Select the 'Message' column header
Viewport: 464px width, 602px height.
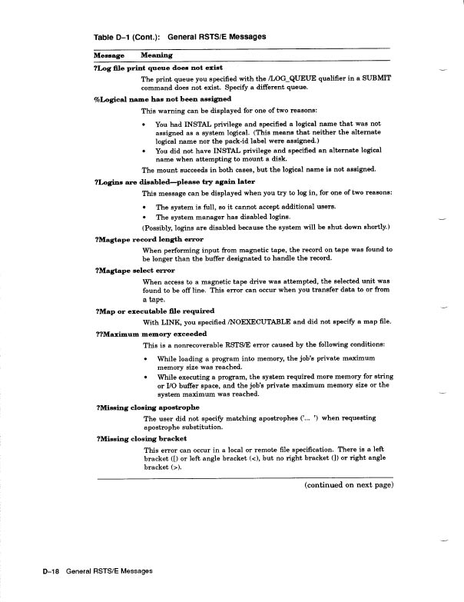click(109, 55)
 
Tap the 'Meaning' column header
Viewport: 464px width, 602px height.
click(157, 55)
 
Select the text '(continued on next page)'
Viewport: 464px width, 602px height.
click(349, 485)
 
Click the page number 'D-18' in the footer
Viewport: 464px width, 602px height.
click(53, 571)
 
